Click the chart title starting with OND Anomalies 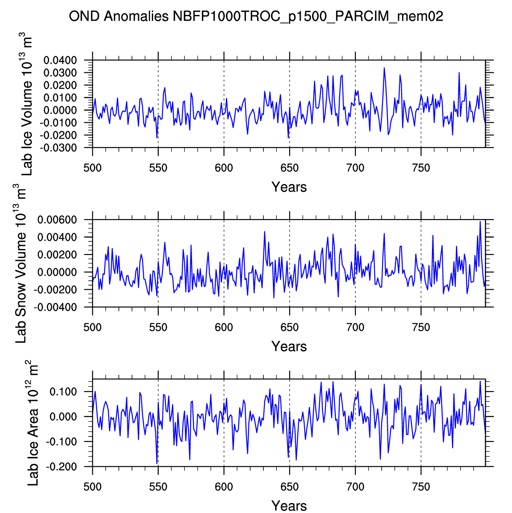[256, 17]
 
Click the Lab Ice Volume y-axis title [27, 104]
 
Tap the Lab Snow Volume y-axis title [21, 263]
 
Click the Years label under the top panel [289, 187]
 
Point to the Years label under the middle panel [289, 346]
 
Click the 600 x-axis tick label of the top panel [224, 168]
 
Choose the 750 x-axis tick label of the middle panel [421, 327]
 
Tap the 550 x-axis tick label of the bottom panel [158, 487]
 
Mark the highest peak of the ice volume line [384, 68]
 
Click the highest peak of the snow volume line [480, 221]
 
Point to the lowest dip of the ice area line [157, 463]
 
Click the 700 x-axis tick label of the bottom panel [355, 487]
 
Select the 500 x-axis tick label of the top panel [92, 168]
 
